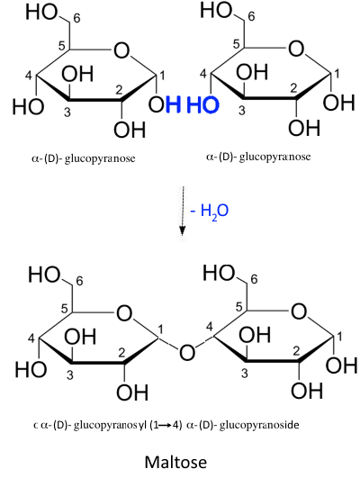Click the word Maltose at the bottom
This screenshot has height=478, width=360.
tap(175, 462)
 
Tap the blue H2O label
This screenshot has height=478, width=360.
tap(209, 211)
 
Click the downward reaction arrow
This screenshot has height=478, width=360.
tap(183, 211)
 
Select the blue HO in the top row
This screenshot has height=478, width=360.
tap(202, 104)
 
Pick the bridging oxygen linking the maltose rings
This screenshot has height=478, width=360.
tap(187, 352)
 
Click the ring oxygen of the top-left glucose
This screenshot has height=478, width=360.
tap(121, 50)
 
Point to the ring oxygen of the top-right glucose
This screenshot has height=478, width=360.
tap(296, 49)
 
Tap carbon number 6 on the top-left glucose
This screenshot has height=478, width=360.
tap(76, 18)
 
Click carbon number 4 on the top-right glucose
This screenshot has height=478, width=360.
tap(203, 74)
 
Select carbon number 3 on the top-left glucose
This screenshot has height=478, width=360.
tap(67, 113)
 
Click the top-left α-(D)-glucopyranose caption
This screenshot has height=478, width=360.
tap(83, 158)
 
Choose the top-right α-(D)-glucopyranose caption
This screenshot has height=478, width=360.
tap(258, 157)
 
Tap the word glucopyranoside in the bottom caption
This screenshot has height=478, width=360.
tap(259, 425)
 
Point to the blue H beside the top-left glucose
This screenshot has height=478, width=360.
tap(173, 104)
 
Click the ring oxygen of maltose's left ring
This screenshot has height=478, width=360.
tap(124, 313)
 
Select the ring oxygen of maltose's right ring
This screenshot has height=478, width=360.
tap(299, 311)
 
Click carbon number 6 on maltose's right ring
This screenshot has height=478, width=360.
tap(254, 279)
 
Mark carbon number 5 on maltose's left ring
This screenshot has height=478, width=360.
tap(64, 309)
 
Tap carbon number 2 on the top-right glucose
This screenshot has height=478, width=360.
tap(293, 88)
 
